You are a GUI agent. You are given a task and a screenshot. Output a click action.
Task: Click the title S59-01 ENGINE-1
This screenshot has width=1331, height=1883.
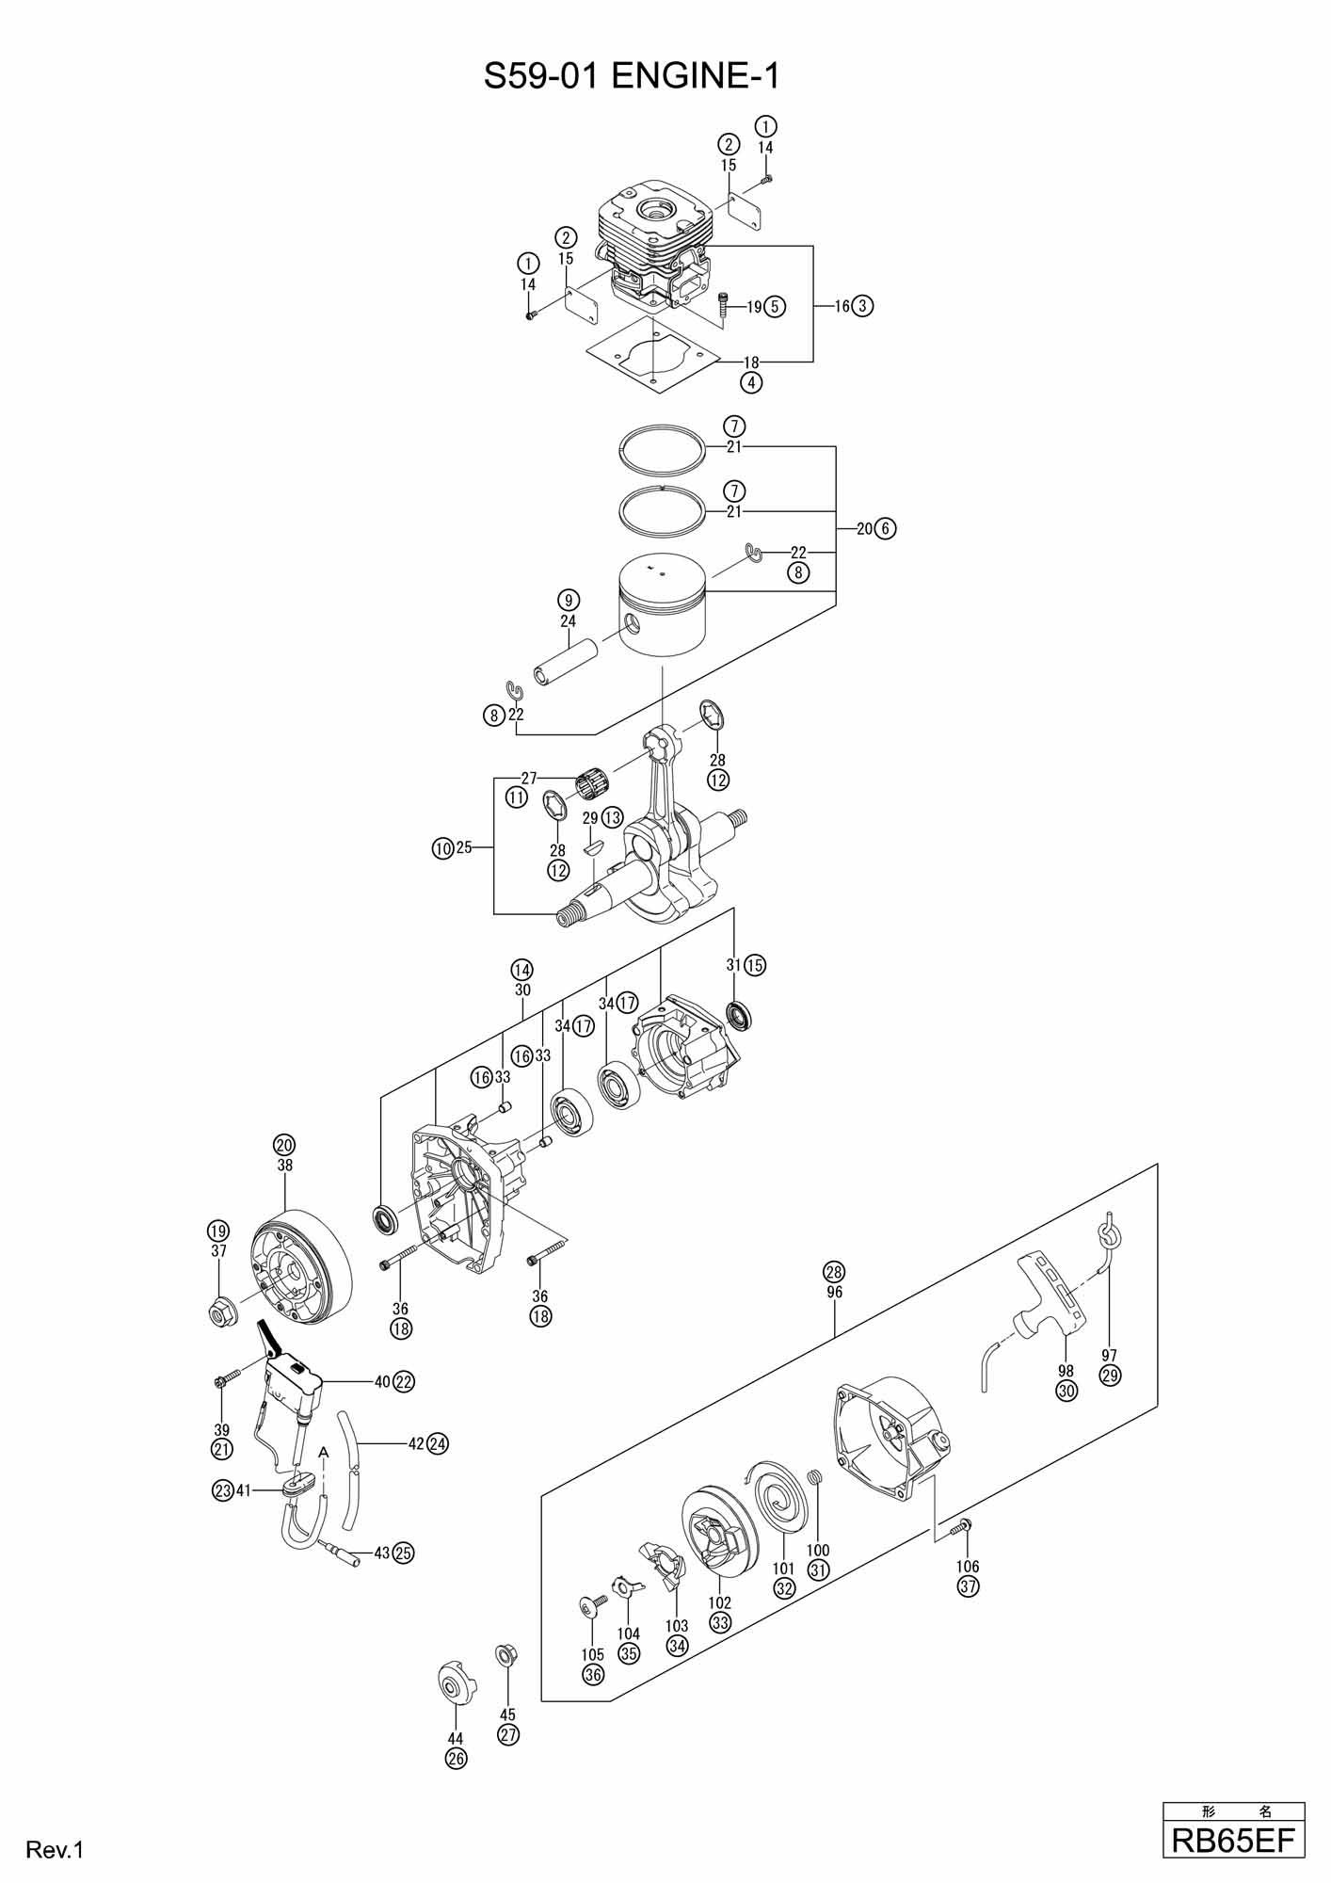[632, 76]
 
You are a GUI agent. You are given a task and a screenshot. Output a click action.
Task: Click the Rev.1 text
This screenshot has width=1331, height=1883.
[56, 1849]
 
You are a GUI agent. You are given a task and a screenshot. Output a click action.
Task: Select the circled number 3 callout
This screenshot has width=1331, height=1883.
[864, 305]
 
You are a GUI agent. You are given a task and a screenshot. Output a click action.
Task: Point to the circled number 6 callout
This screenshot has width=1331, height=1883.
[886, 528]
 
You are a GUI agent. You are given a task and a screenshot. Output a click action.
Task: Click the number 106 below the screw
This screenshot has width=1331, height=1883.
[968, 1567]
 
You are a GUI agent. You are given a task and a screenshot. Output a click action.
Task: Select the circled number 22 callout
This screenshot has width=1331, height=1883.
[404, 1382]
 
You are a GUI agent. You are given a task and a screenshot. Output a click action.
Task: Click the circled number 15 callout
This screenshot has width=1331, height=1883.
[755, 965]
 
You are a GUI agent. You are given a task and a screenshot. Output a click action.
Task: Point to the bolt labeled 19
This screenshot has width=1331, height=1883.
[724, 305]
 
